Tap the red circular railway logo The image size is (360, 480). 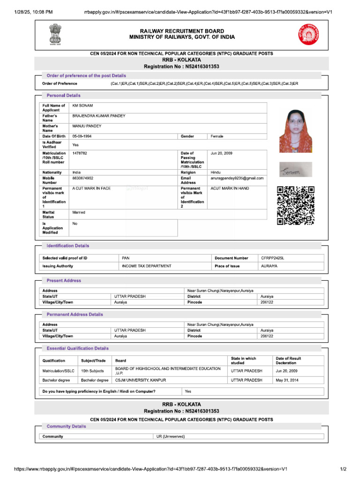307,35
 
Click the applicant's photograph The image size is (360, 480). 295,131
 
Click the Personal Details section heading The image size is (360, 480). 63,96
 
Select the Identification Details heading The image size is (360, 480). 67,246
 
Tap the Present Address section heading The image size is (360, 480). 64,280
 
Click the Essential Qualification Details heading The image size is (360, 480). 77,348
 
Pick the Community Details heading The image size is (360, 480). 66,427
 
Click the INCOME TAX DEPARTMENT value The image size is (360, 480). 146,266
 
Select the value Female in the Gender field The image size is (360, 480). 217,136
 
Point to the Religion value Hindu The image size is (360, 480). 216,172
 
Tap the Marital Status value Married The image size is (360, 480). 79,212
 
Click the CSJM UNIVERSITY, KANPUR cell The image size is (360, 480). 141,380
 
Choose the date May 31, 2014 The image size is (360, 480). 286,380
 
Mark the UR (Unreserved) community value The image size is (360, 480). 171,436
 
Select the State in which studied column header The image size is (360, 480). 244,360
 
